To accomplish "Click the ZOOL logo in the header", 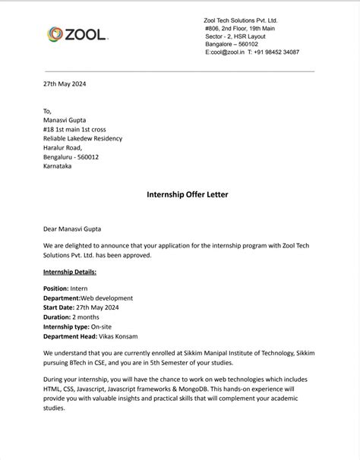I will pyautogui.click(x=78, y=34).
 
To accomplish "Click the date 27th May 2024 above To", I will pyautogui.click(x=65, y=83).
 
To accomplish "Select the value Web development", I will pyautogui.click(x=106, y=298).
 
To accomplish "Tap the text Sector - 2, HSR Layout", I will pyautogui.click(x=238, y=36).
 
